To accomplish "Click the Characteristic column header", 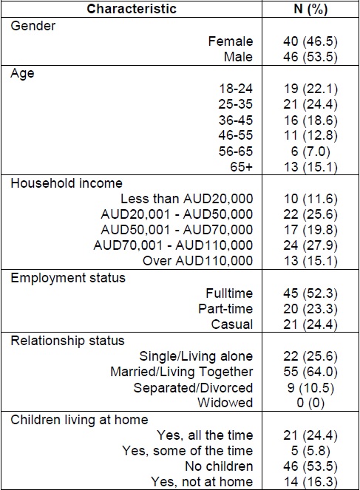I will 132,9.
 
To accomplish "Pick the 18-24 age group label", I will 237,89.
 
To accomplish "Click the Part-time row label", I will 228,308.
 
